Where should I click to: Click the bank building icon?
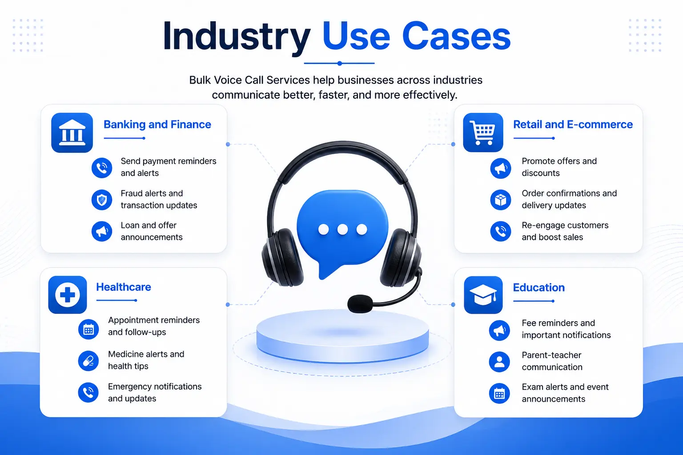[x=72, y=132]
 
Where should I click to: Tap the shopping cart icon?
[x=483, y=132]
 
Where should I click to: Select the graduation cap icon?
[x=483, y=295]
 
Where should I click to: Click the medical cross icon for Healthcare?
[x=68, y=295]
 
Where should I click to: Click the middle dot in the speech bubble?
[x=342, y=229]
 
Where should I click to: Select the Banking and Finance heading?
[x=157, y=124]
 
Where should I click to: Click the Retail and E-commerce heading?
[x=573, y=124]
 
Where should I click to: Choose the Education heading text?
[x=539, y=287]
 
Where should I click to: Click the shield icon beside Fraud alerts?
[x=102, y=200]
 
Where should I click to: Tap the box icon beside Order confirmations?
[x=501, y=200]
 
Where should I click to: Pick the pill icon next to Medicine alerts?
[x=88, y=361]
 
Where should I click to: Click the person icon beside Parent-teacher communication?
[x=499, y=362]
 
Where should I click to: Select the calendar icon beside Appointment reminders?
[x=88, y=329]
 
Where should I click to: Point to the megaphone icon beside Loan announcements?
[x=102, y=231]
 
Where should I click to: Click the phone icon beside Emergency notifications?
[x=88, y=392]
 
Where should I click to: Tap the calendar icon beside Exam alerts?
[x=499, y=393]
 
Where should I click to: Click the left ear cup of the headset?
[x=282, y=258]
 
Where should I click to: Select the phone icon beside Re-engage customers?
[x=501, y=231]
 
